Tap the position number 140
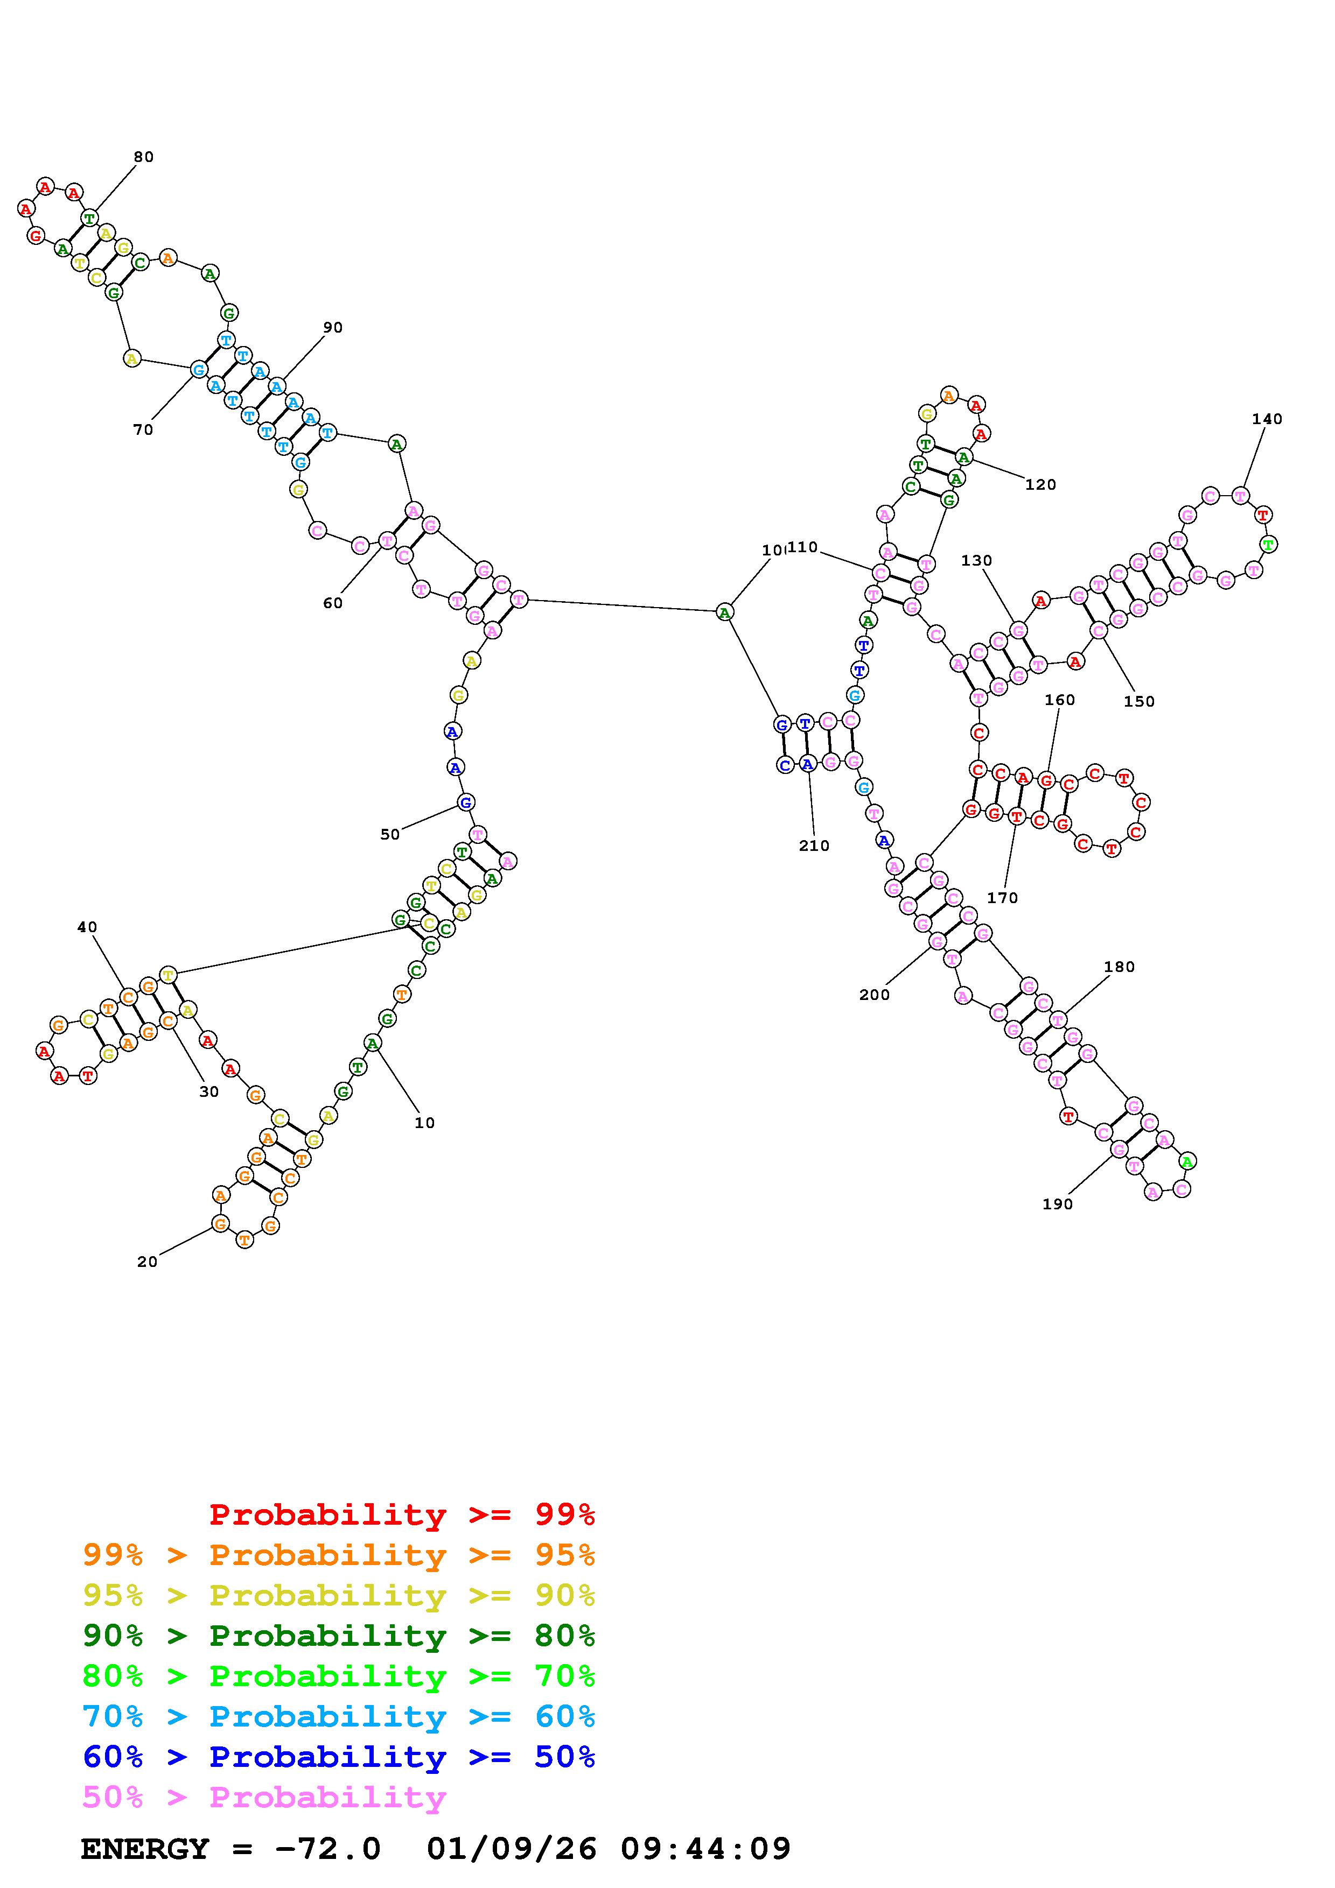[x=1267, y=419]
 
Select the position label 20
[x=147, y=1262]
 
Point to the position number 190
[x=1058, y=1204]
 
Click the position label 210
[x=814, y=846]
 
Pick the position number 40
[x=87, y=927]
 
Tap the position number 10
[x=424, y=1123]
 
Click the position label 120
[x=1040, y=485]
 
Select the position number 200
[x=875, y=995]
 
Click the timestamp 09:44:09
[x=706, y=1849]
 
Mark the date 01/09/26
[x=512, y=1849]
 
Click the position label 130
[x=976, y=561]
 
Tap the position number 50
[x=390, y=835]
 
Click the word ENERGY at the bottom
[x=145, y=1849]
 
